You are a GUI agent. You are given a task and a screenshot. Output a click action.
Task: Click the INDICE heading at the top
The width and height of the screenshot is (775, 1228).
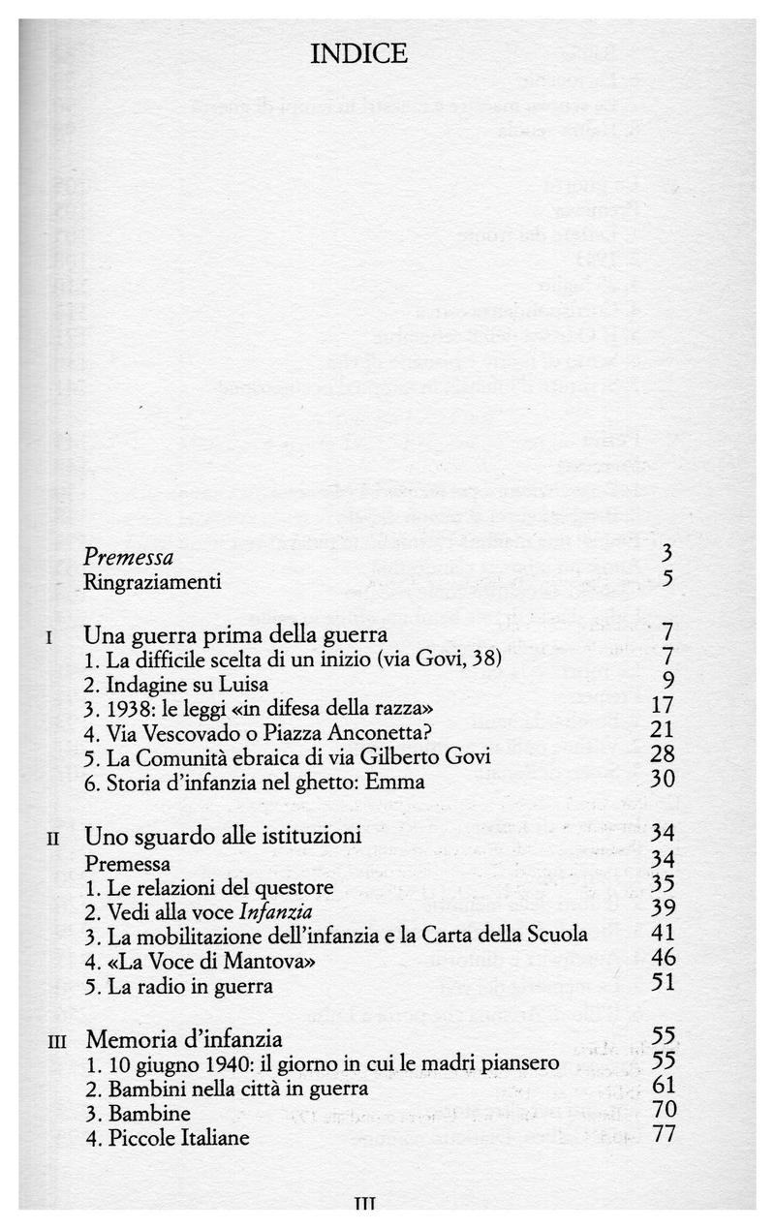click(x=358, y=54)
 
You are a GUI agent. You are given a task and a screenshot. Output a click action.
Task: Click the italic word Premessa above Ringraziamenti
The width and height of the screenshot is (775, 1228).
click(x=129, y=558)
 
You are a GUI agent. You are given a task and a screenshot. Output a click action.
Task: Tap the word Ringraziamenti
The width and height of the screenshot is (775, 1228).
click(x=152, y=582)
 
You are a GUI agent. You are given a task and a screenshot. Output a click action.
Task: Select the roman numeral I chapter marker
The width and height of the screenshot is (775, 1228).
click(x=49, y=638)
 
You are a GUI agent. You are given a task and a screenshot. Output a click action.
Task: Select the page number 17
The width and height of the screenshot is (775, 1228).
click(x=663, y=706)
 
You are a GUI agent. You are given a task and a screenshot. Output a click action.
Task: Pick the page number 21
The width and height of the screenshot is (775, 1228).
click(x=663, y=730)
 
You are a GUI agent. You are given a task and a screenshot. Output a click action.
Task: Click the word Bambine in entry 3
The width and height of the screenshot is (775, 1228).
click(x=143, y=1112)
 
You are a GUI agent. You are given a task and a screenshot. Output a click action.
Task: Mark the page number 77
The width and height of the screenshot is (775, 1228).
click(x=664, y=1134)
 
